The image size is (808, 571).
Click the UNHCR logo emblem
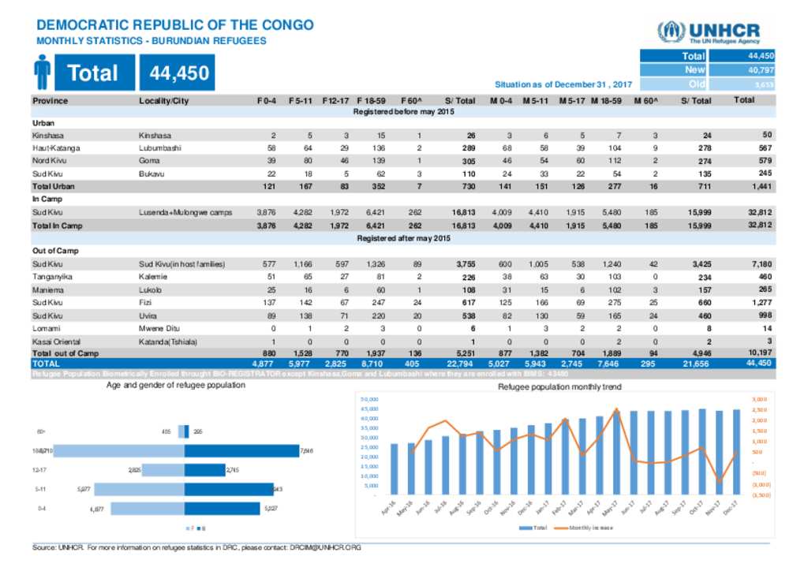point(671,32)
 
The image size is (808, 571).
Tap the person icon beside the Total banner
point(43,73)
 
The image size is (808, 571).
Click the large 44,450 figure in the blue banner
point(174,73)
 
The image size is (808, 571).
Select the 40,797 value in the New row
point(761,70)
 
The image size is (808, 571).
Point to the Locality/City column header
point(164,101)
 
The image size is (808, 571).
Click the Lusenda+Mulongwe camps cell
point(185,212)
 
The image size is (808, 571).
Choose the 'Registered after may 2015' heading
point(403,238)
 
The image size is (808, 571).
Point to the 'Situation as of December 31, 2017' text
point(563,84)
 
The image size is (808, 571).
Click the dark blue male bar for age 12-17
point(204,471)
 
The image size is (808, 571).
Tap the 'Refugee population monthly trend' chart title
point(560,387)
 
